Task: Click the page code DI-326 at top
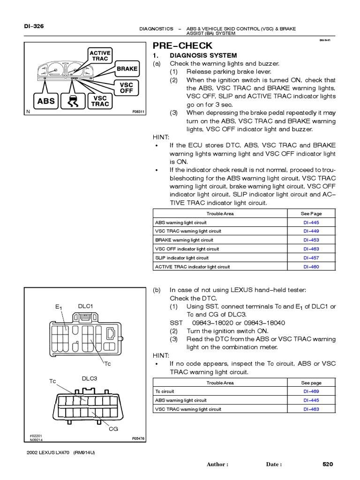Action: [x=34, y=26]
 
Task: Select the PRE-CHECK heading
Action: [x=183, y=45]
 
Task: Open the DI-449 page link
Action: [x=311, y=231]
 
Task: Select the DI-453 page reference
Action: [x=311, y=240]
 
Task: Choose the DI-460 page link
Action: [x=311, y=267]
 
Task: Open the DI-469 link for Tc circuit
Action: [x=311, y=391]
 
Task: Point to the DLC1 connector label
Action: [x=85, y=306]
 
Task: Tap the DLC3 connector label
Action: [x=89, y=378]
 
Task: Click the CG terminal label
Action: [x=113, y=428]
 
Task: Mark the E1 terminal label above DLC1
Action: [x=59, y=307]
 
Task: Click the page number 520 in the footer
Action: [x=328, y=464]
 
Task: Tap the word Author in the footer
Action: [x=217, y=465]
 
